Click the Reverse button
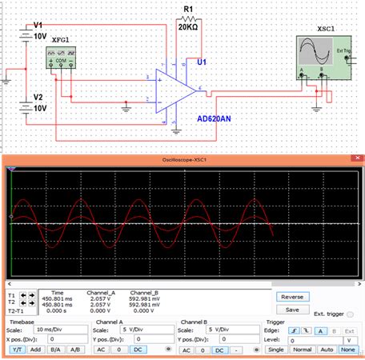[x=291, y=297]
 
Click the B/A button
[x=54, y=350]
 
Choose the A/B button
[x=74, y=350]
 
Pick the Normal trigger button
[x=301, y=350]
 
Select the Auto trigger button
[x=326, y=350]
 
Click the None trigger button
[x=348, y=350]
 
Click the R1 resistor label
[x=189, y=10]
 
